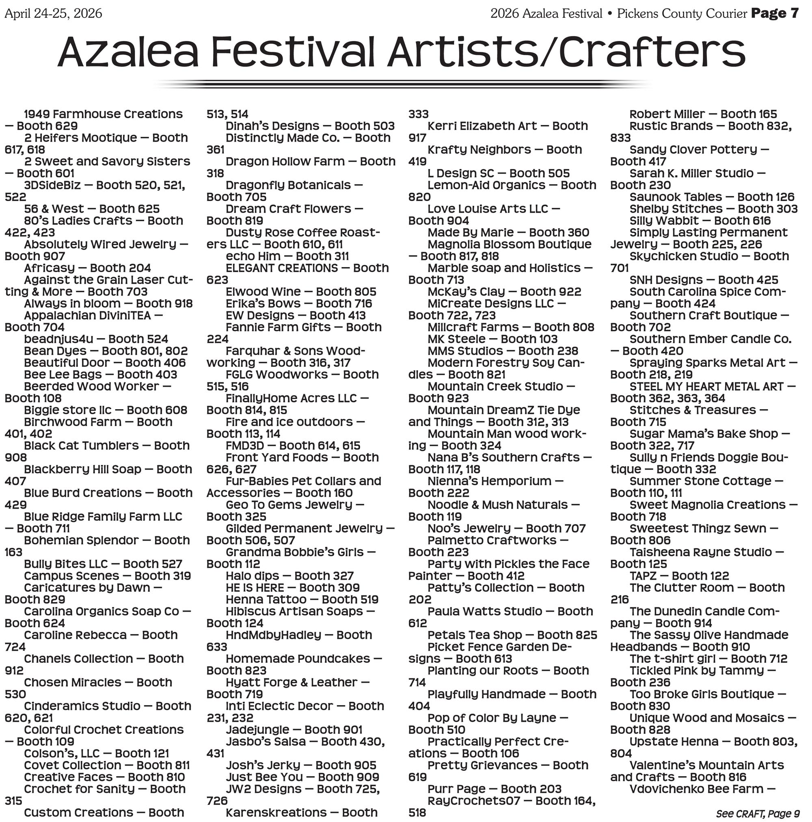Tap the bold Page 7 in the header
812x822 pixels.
(x=775, y=13)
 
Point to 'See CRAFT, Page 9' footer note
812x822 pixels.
(x=758, y=813)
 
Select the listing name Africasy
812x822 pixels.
(x=50, y=268)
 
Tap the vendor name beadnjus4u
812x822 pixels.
(x=58, y=339)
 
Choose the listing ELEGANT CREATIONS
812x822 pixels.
(x=282, y=268)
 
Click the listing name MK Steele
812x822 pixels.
(x=456, y=339)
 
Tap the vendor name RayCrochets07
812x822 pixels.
(x=474, y=800)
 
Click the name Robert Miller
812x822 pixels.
(x=667, y=114)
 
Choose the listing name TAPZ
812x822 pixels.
(x=643, y=576)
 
